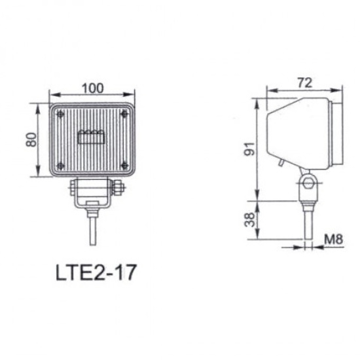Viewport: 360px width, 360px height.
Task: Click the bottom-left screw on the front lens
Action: tap(61, 166)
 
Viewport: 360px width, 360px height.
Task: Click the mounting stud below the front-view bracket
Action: tap(92, 226)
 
